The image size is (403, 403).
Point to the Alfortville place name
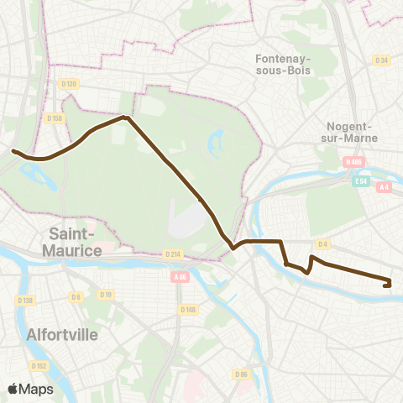[x=63, y=334]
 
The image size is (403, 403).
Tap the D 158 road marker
[x=57, y=118]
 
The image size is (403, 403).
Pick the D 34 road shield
[x=383, y=60]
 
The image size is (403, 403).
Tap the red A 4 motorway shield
[x=385, y=187]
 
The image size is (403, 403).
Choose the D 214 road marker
[x=172, y=254]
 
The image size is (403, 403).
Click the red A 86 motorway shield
[x=179, y=276]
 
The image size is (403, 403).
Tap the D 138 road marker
[x=24, y=300]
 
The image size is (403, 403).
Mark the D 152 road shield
[x=39, y=365]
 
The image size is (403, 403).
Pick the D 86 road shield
[x=242, y=374]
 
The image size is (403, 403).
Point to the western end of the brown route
[x=13, y=151]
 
